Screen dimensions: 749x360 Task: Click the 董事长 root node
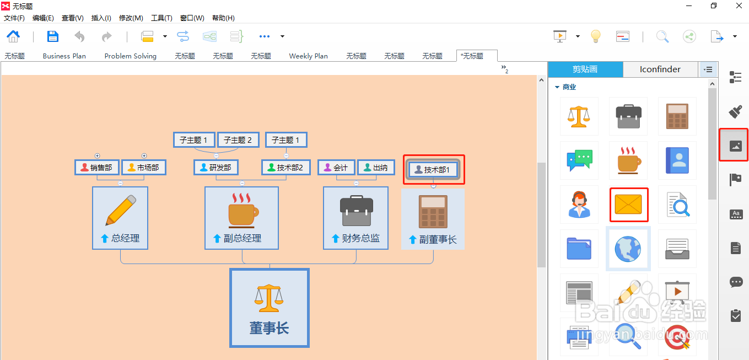270,308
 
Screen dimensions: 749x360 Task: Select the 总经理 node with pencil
120,218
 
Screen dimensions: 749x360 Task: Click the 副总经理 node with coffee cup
241,218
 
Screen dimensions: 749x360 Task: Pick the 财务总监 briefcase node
355,218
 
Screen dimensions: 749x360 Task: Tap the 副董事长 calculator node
433,219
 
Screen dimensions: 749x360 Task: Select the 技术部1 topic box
433,170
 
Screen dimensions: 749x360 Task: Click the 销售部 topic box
97,168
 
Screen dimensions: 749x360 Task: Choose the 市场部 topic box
144,168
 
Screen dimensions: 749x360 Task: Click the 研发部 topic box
216,168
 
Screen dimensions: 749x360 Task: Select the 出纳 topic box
376,168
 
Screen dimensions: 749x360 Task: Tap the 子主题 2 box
238,140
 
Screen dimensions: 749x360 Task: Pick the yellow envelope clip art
628,205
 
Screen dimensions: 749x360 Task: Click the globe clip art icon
628,249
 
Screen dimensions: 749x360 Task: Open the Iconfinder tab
660,69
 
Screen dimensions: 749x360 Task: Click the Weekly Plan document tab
308,56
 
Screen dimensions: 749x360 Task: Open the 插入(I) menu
101,18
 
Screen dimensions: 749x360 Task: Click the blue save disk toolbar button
52,36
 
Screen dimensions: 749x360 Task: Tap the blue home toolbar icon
13,36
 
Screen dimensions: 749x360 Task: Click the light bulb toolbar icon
595,36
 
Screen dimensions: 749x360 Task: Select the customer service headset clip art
579,205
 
